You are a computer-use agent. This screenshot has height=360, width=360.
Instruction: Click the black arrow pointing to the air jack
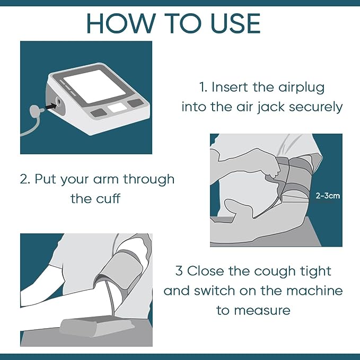click(51, 106)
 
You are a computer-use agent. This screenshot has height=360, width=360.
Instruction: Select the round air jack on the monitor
click(58, 101)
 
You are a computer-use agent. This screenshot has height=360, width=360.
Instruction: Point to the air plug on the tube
click(36, 110)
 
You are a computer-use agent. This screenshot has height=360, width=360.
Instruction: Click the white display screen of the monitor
click(94, 86)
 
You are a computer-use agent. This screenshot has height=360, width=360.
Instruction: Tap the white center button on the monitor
click(117, 108)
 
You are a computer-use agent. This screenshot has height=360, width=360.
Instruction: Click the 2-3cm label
click(328, 196)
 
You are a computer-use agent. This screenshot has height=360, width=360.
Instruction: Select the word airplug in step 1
click(302, 87)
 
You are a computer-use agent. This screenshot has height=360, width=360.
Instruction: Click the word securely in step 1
click(315, 107)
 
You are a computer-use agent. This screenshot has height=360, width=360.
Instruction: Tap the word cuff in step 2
click(108, 198)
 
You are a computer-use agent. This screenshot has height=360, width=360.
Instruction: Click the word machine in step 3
click(314, 291)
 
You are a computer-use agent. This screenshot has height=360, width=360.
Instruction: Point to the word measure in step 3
click(262, 311)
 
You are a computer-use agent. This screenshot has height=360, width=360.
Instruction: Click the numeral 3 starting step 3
click(179, 271)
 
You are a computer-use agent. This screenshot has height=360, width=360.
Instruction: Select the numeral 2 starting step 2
click(24, 179)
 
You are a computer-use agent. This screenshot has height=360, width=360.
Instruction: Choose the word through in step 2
click(149, 180)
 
